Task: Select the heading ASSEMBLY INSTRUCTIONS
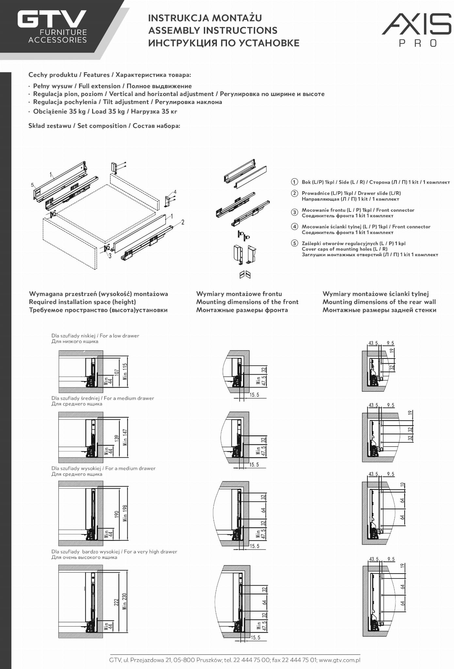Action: (213, 30)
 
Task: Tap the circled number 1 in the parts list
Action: (294, 182)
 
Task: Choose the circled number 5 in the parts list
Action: (294, 243)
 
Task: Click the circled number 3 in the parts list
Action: (294, 212)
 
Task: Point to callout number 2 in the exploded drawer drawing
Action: (183, 222)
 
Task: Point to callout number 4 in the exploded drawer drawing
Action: (175, 192)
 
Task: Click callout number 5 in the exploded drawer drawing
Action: (32, 185)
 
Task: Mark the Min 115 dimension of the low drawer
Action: (125, 371)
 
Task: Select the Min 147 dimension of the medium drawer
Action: (125, 437)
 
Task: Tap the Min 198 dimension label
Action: (125, 513)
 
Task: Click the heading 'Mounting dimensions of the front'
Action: (247, 302)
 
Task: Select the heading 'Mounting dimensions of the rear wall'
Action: (379, 302)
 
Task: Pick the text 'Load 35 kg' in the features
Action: (108, 111)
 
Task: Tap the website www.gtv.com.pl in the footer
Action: (339, 660)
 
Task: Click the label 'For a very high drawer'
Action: (150, 552)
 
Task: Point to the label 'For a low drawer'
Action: (120, 336)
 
